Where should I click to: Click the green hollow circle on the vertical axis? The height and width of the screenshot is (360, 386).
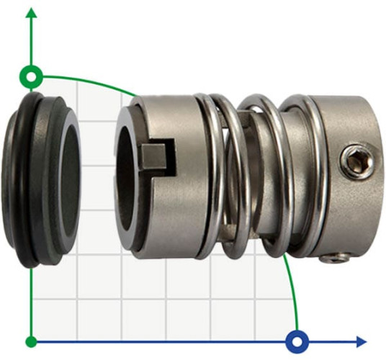30,75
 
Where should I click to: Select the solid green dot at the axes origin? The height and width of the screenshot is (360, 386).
30,341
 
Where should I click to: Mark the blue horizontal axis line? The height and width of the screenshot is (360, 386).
180,341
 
